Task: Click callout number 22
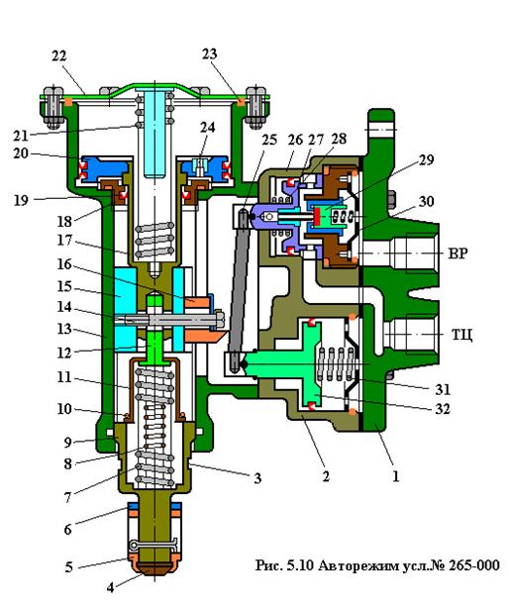coord(59,56)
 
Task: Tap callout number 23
coord(209,54)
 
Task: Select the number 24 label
coord(207,127)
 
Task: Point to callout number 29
coord(426,159)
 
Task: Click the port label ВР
coord(458,253)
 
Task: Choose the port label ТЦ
coord(461,334)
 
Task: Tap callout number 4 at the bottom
coord(111,587)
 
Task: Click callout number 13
coord(64,329)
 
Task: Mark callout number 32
coord(443,409)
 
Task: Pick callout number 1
coord(395,476)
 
